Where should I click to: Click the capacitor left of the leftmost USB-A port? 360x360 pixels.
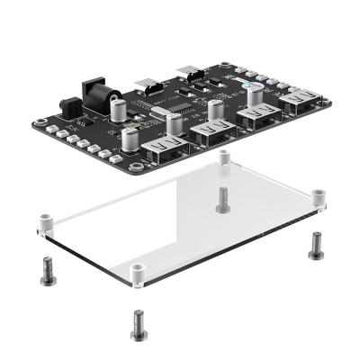pos(133,140)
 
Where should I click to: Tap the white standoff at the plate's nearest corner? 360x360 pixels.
pos(137,274)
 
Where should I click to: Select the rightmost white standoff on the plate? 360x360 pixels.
pos(318,198)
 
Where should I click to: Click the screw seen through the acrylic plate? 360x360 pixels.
pos(221,199)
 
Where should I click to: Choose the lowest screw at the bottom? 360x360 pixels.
pos(138,324)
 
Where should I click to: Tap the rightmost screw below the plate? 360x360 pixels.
pos(316,245)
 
